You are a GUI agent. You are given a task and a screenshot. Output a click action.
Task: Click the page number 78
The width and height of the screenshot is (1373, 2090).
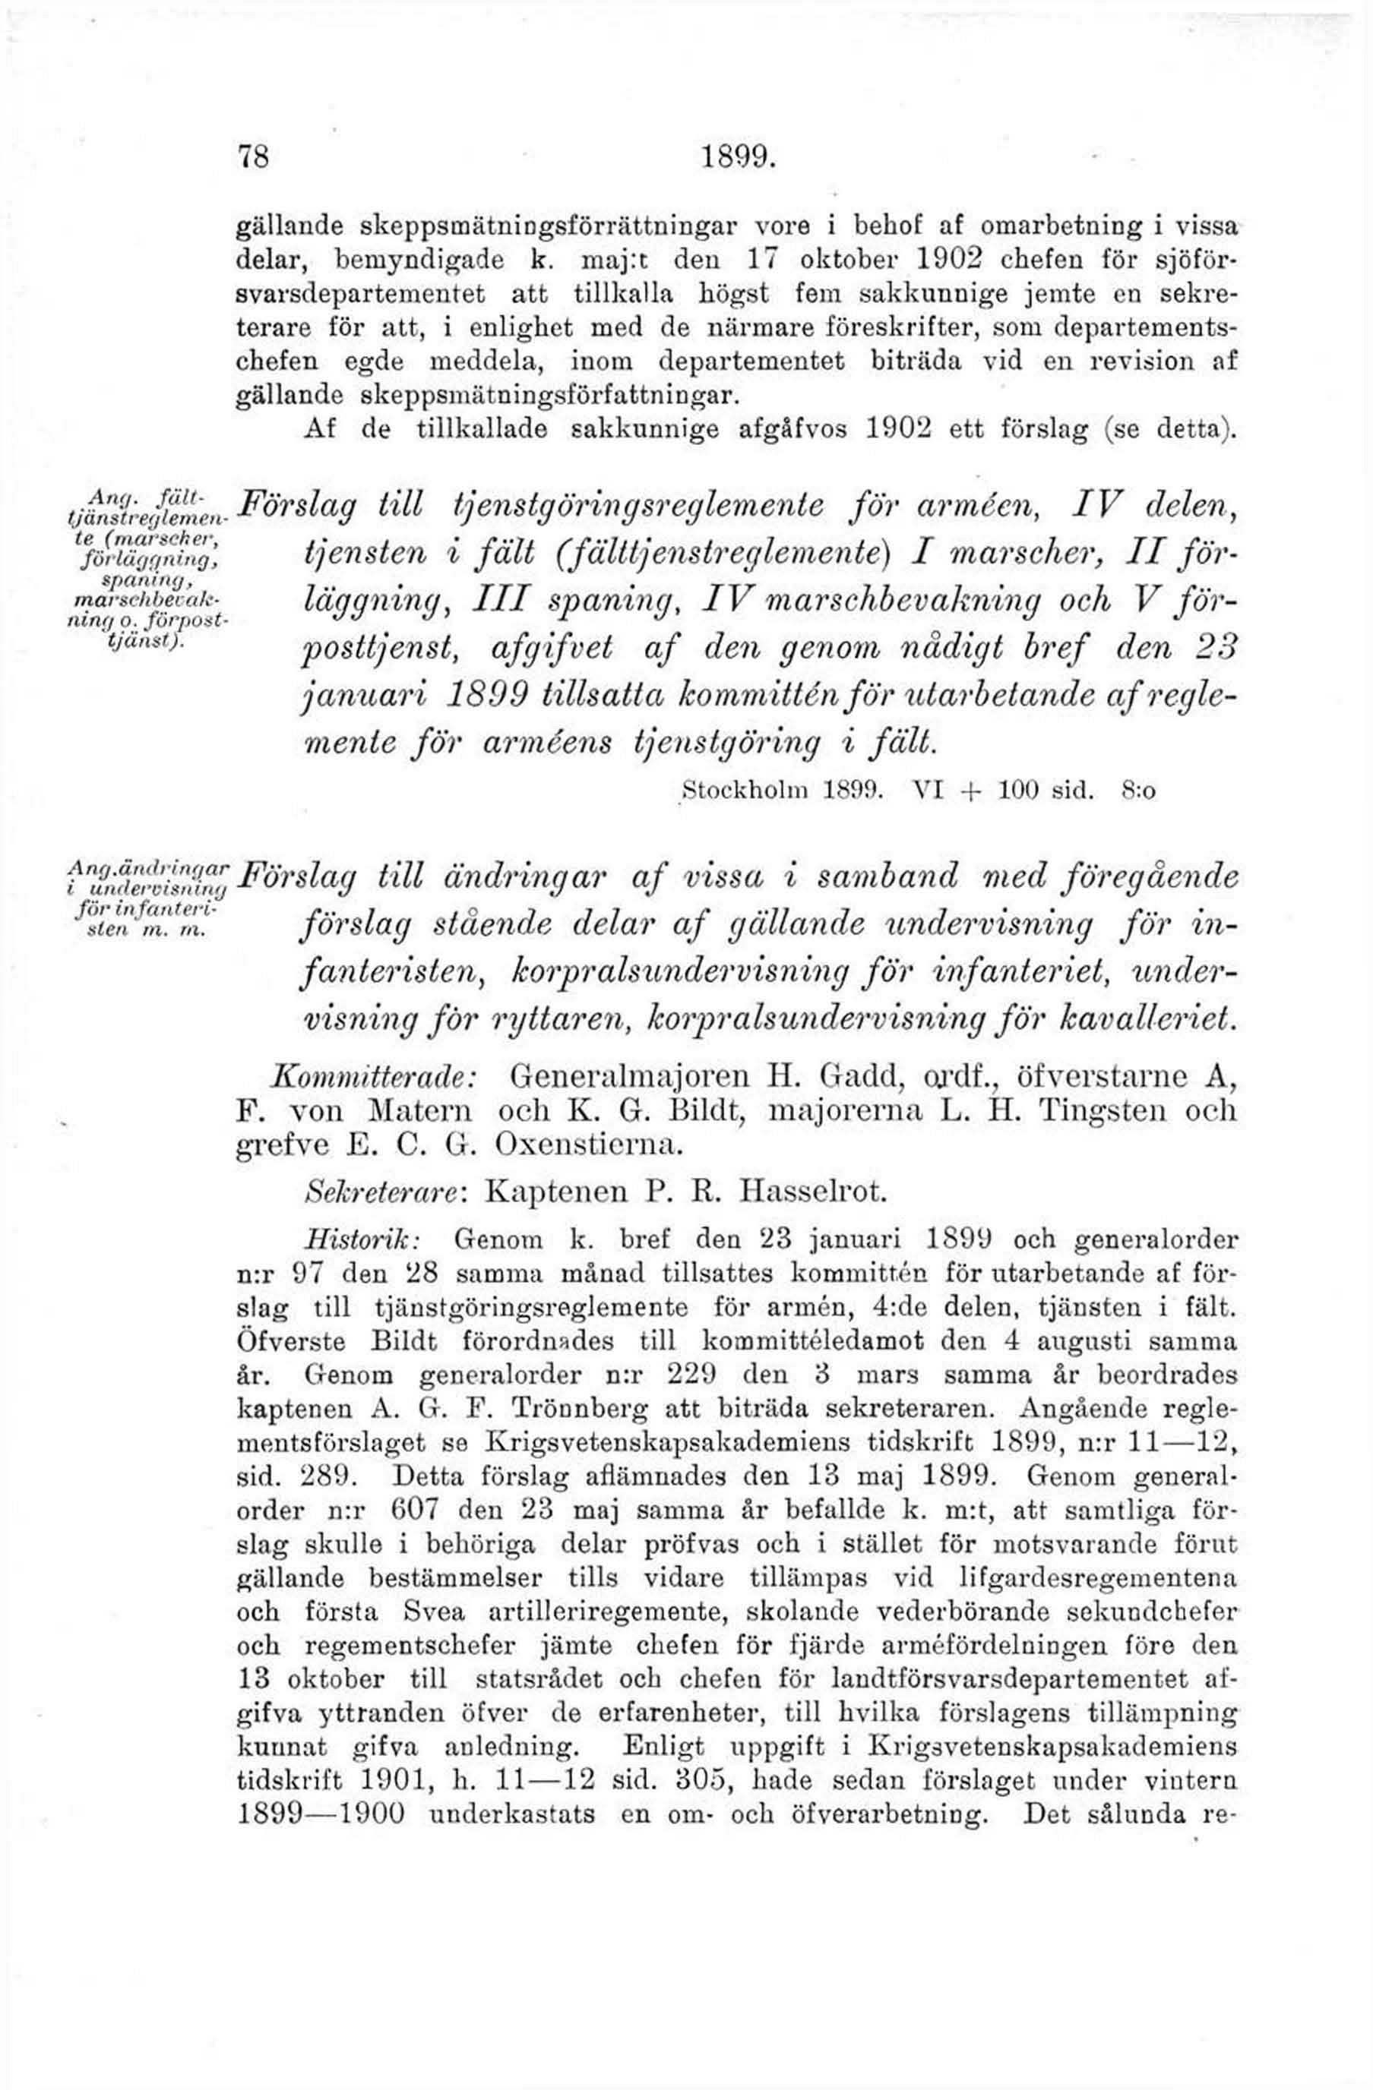click(252, 157)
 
